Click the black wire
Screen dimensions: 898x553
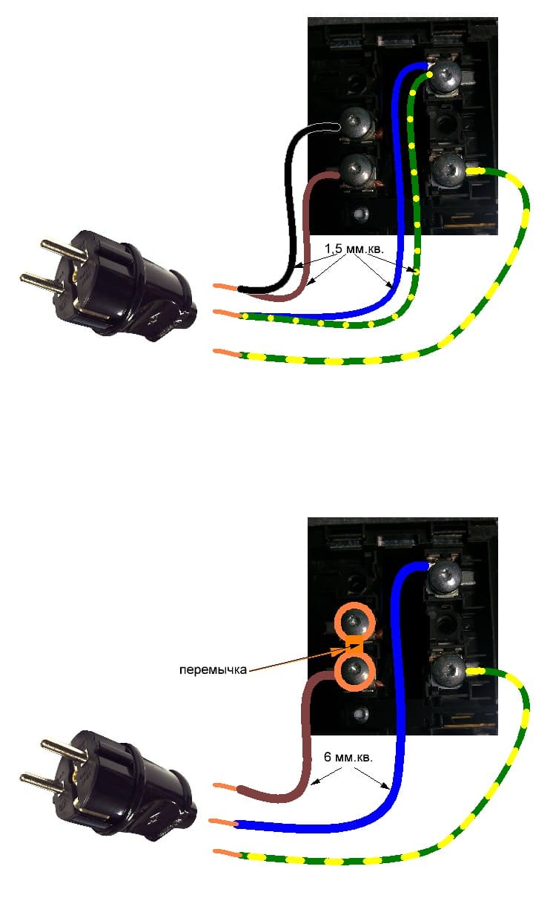[288, 200]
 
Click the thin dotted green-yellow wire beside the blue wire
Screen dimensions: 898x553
[414, 223]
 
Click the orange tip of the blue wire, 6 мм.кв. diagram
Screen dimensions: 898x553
[223, 822]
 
